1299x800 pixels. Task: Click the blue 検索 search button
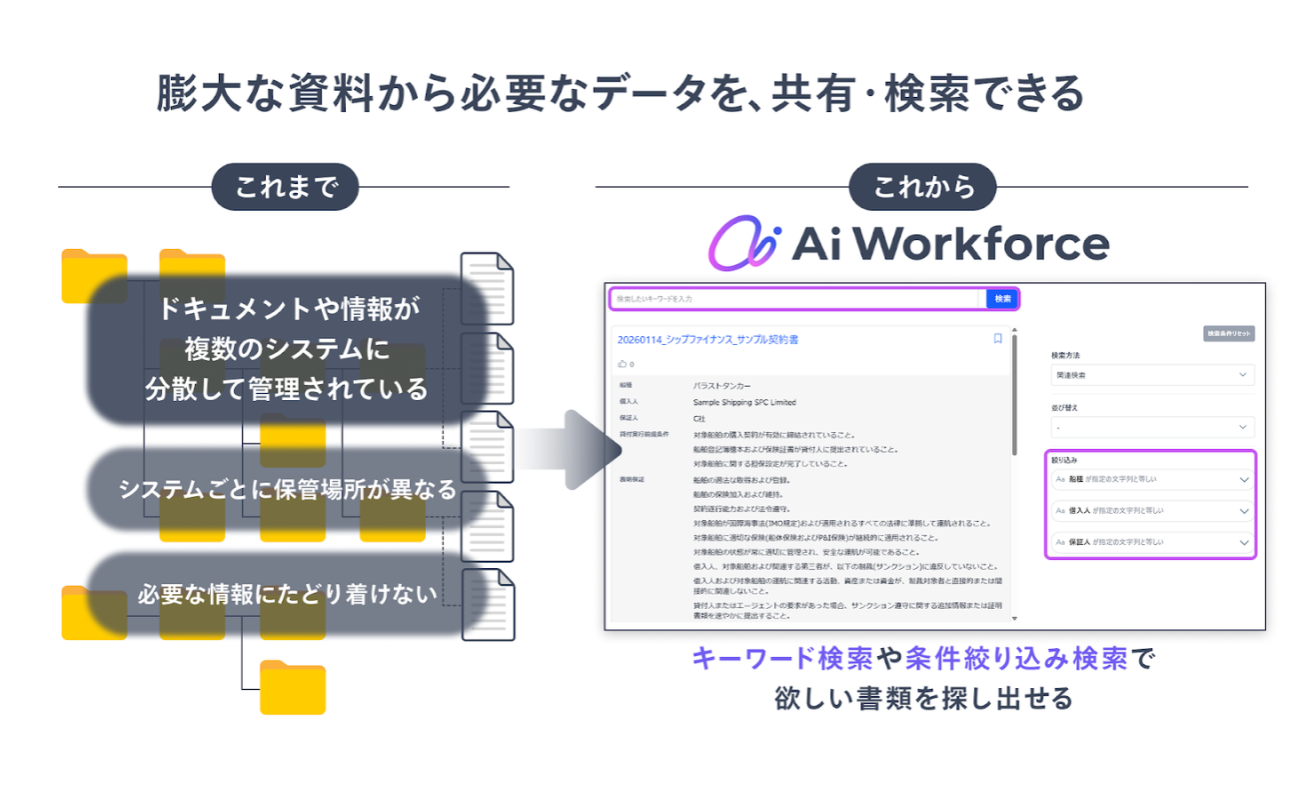(x=1002, y=298)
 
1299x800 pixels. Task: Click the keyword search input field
(x=795, y=298)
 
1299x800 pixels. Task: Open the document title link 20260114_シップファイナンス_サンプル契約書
(x=707, y=340)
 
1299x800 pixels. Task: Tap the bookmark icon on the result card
(x=997, y=339)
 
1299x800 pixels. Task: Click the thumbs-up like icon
(x=623, y=364)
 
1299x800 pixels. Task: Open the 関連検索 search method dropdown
(x=1151, y=375)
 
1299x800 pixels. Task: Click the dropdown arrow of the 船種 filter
(x=1244, y=480)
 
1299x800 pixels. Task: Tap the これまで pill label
(x=285, y=187)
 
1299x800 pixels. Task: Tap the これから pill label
(x=922, y=187)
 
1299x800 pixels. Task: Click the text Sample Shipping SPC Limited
(x=744, y=402)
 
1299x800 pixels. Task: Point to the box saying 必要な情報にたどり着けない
(x=288, y=594)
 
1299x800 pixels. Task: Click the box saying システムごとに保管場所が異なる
(x=288, y=490)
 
